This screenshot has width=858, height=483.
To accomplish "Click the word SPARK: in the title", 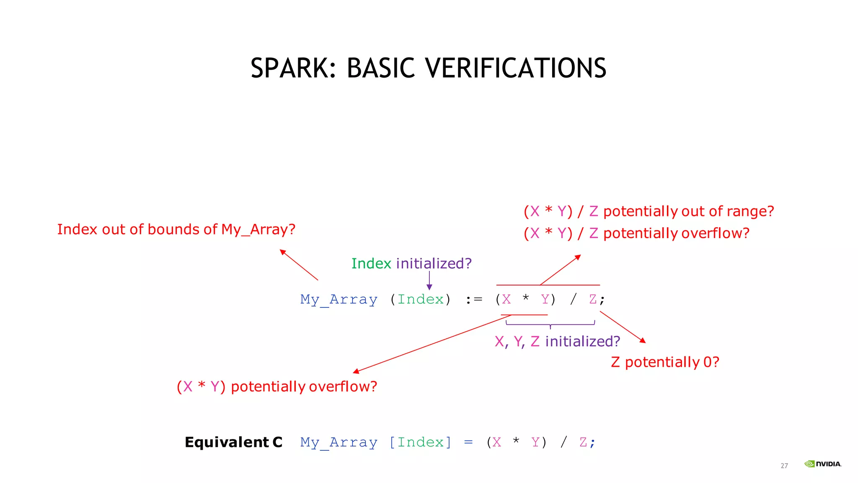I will point(293,68).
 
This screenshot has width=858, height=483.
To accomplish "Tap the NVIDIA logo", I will point(823,464).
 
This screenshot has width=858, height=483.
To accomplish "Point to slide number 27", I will point(784,465).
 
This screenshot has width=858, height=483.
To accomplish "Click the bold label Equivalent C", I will point(233,442).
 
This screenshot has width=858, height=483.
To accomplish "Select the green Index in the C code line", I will point(420,442).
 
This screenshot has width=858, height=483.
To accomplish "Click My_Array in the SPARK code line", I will point(339,299).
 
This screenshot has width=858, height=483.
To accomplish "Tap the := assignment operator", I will point(474,299).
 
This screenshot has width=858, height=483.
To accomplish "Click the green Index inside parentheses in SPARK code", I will point(420,299).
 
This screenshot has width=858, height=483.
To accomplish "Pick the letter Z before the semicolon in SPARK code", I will point(592,299).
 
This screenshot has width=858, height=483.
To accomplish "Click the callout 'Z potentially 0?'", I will point(665,362).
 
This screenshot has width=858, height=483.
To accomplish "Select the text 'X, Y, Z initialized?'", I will point(557,341).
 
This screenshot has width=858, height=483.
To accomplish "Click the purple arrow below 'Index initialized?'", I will point(429,281).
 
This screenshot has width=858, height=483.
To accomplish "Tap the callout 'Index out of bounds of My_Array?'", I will point(176,229).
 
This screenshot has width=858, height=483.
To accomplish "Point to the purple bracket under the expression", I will point(550,324).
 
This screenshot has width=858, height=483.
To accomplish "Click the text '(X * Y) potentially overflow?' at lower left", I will point(277,386).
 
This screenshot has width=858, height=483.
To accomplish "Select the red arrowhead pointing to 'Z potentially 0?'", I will point(643,340).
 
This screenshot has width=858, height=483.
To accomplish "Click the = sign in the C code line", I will point(468,442).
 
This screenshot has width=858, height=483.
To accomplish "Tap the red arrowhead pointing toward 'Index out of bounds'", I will point(283,252).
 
